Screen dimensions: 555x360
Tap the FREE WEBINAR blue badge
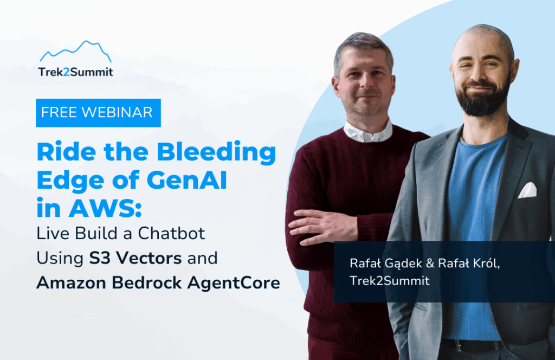tap(99, 113)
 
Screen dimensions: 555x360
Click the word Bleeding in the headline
tap(216, 152)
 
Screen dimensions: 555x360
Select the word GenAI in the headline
tap(186, 180)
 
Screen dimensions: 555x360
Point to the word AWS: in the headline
tap(105, 208)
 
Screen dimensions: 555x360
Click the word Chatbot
tap(171, 234)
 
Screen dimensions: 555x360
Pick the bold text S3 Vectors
tap(135, 258)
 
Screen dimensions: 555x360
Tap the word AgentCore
tap(234, 283)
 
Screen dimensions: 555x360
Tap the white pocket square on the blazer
tap(528, 190)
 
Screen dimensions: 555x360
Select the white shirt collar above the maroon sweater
tap(368, 131)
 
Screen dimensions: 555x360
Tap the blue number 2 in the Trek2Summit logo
tap(66, 72)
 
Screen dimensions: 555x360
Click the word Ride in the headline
tap(66, 152)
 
